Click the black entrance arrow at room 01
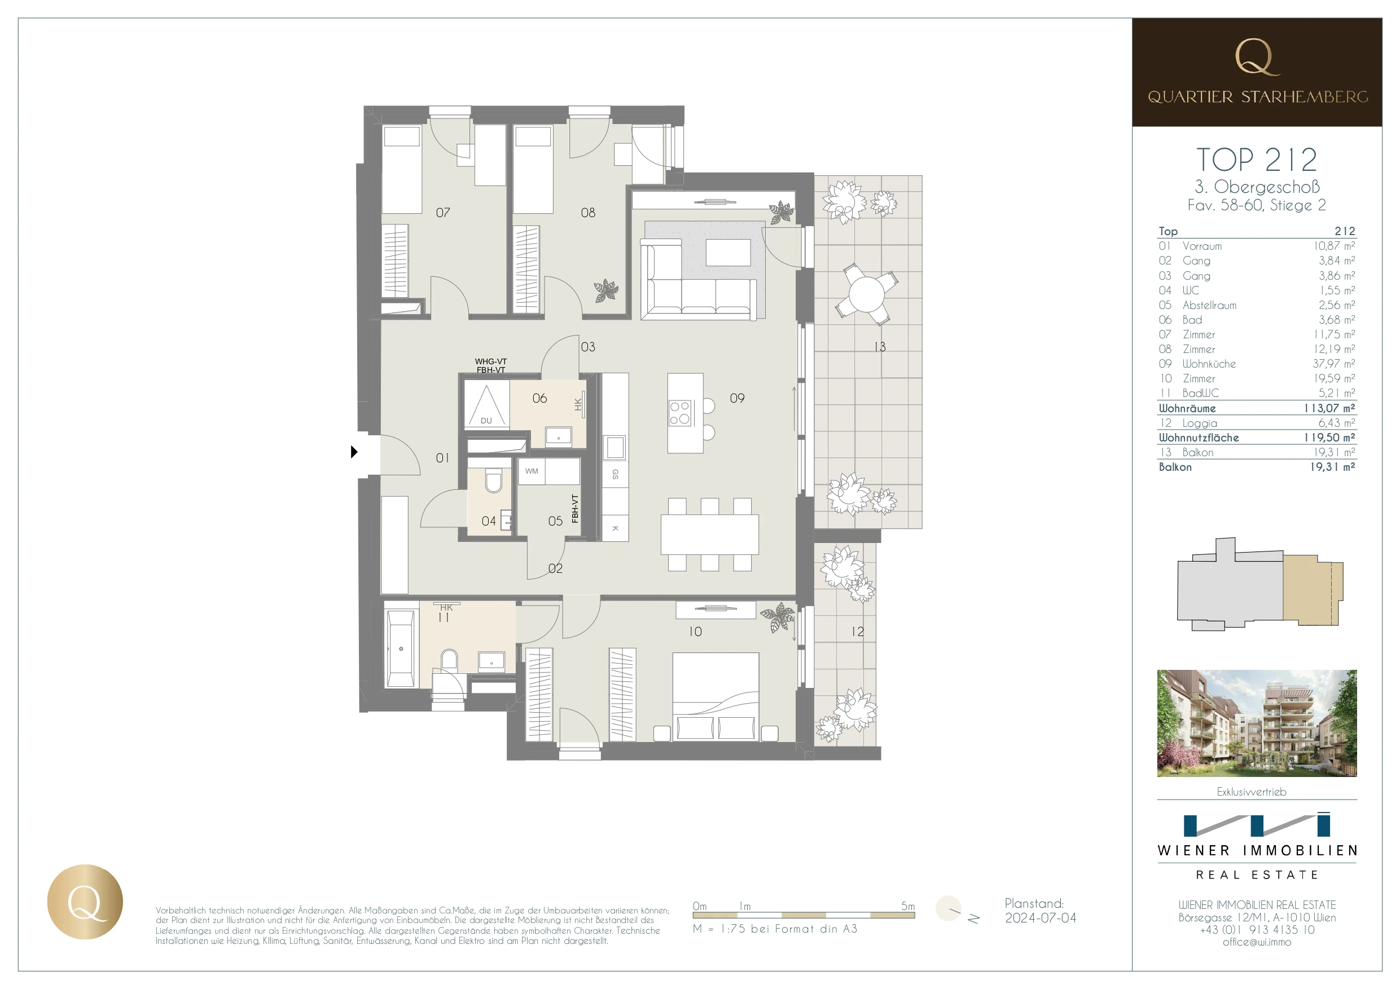(x=354, y=452)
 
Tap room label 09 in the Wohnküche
(x=736, y=398)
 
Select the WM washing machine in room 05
(x=531, y=471)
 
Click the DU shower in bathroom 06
(x=486, y=405)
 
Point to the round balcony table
(x=866, y=294)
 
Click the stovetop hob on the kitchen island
(x=679, y=413)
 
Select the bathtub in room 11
(x=400, y=648)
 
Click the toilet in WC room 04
(x=493, y=481)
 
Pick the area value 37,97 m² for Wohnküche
(x=1333, y=364)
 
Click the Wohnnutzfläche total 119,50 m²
(x=1329, y=438)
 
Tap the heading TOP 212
(x=1256, y=160)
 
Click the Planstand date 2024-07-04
(x=1040, y=918)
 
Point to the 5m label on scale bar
(x=907, y=906)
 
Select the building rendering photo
(x=1256, y=723)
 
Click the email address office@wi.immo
(x=1256, y=942)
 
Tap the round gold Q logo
(x=85, y=902)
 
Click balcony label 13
(x=879, y=347)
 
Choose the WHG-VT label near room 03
(x=490, y=361)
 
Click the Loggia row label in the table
(x=1199, y=423)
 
